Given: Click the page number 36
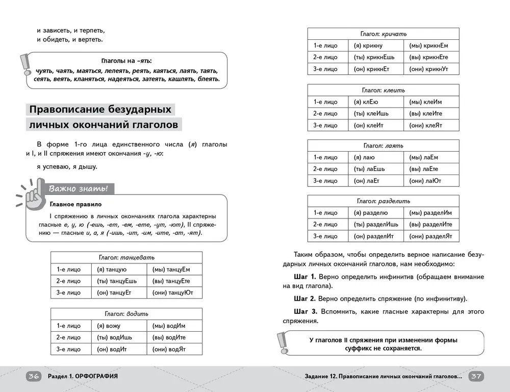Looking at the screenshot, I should pyautogui.click(x=34, y=376).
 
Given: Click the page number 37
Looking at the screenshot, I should pyautogui.click(x=476, y=376).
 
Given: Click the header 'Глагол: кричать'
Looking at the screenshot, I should pyautogui.click(x=384, y=34).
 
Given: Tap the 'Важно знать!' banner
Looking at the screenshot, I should pyautogui.click(x=79, y=189).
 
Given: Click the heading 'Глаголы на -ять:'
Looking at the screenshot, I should pyautogui.click(x=126, y=60).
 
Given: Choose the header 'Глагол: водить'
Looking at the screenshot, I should pyautogui.click(x=126, y=313).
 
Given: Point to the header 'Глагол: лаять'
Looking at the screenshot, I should pyautogui.click(x=384, y=145).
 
